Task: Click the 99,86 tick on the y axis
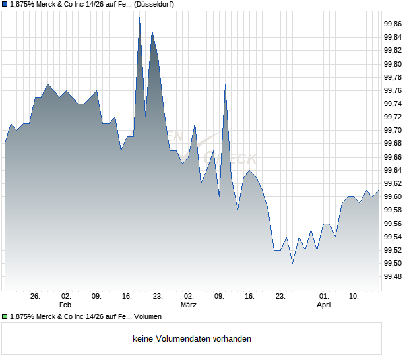[393, 24]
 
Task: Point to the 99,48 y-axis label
[393, 277]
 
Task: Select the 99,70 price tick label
[393, 131]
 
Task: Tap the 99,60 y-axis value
[393, 197]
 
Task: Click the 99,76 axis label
[393, 91]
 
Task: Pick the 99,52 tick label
[393, 251]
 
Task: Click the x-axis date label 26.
[36, 297]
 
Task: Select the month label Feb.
[65, 305]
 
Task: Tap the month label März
[189, 305]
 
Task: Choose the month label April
[324, 305]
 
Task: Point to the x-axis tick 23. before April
[280, 297]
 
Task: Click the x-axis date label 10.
[354, 297]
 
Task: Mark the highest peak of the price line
[139, 18]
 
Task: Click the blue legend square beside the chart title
[5, 5]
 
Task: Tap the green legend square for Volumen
[5, 317]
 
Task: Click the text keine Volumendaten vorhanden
[192, 339]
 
